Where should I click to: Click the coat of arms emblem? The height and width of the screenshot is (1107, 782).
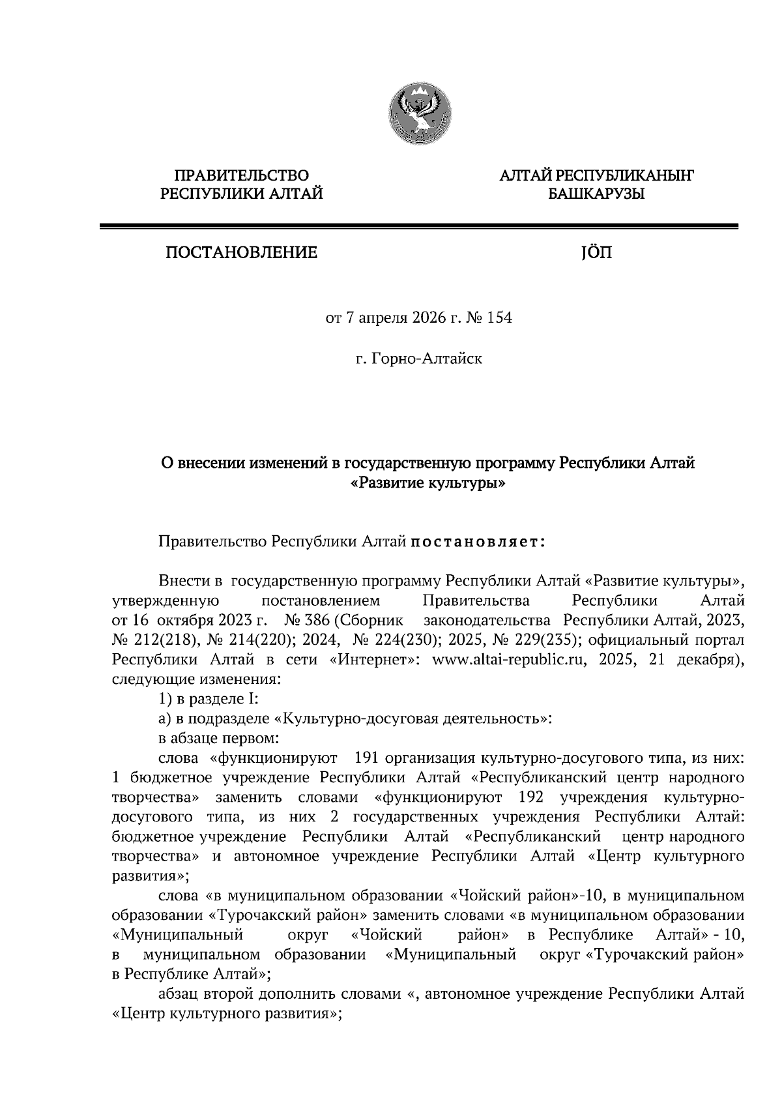tap(420, 116)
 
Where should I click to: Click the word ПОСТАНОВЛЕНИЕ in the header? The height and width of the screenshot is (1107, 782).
tap(241, 252)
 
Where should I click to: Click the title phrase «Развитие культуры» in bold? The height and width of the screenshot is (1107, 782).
tap(428, 483)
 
